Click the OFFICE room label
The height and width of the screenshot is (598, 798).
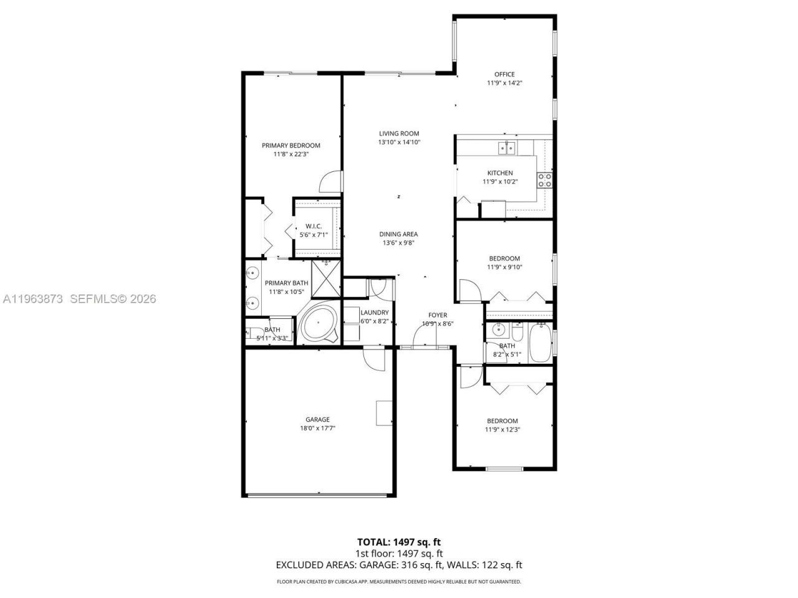click(x=504, y=74)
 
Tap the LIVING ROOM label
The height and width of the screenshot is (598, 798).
click(x=399, y=133)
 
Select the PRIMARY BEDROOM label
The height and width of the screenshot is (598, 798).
click(x=291, y=146)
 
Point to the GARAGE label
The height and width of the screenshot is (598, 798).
click(x=317, y=419)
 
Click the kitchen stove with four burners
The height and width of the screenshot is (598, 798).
click(x=544, y=180)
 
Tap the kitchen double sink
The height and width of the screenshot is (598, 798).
click(x=506, y=148)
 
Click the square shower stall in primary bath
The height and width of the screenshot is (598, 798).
click(x=325, y=278)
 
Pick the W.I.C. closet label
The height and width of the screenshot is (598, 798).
click(x=313, y=226)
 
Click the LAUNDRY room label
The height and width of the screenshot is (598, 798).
click(x=375, y=313)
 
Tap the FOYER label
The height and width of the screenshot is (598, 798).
click(x=438, y=315)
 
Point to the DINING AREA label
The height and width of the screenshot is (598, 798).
click(x=398, y=234)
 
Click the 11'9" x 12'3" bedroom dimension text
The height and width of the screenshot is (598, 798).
click(x=502, y=429)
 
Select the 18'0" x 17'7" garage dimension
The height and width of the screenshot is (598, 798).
click(x=317, y=428)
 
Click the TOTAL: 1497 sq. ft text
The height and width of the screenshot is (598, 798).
click(x=398, y=542)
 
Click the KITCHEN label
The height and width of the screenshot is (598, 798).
click(x=500, y=173)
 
